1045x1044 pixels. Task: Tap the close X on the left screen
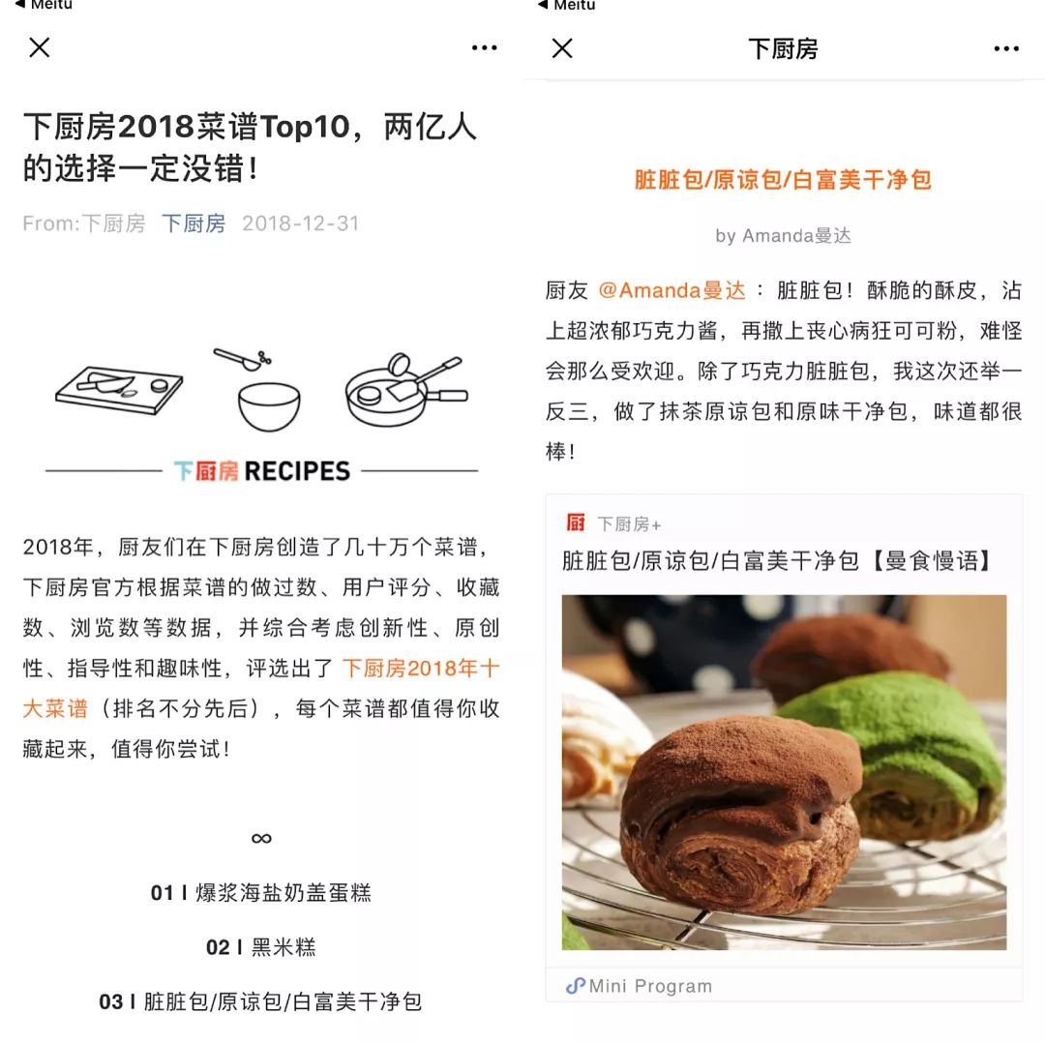(40, 47)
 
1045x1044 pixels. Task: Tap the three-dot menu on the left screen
(484, 48)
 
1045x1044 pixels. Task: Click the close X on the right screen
(562, 48)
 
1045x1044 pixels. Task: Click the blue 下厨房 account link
(194, 224)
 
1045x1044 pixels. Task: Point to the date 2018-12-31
(300, 224)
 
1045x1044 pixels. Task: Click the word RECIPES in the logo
(297, 471)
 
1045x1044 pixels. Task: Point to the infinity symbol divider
(261, 838)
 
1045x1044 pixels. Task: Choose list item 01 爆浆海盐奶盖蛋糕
(261, 892)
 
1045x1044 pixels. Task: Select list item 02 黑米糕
(261, 946)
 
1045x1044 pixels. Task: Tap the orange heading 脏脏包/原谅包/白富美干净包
(783, 180)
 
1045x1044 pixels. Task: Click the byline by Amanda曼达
(783, 235)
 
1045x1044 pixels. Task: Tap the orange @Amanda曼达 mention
(672, 290)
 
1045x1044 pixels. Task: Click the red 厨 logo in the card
(576, 523)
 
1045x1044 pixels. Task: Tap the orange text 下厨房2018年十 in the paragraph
(421, 668)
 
